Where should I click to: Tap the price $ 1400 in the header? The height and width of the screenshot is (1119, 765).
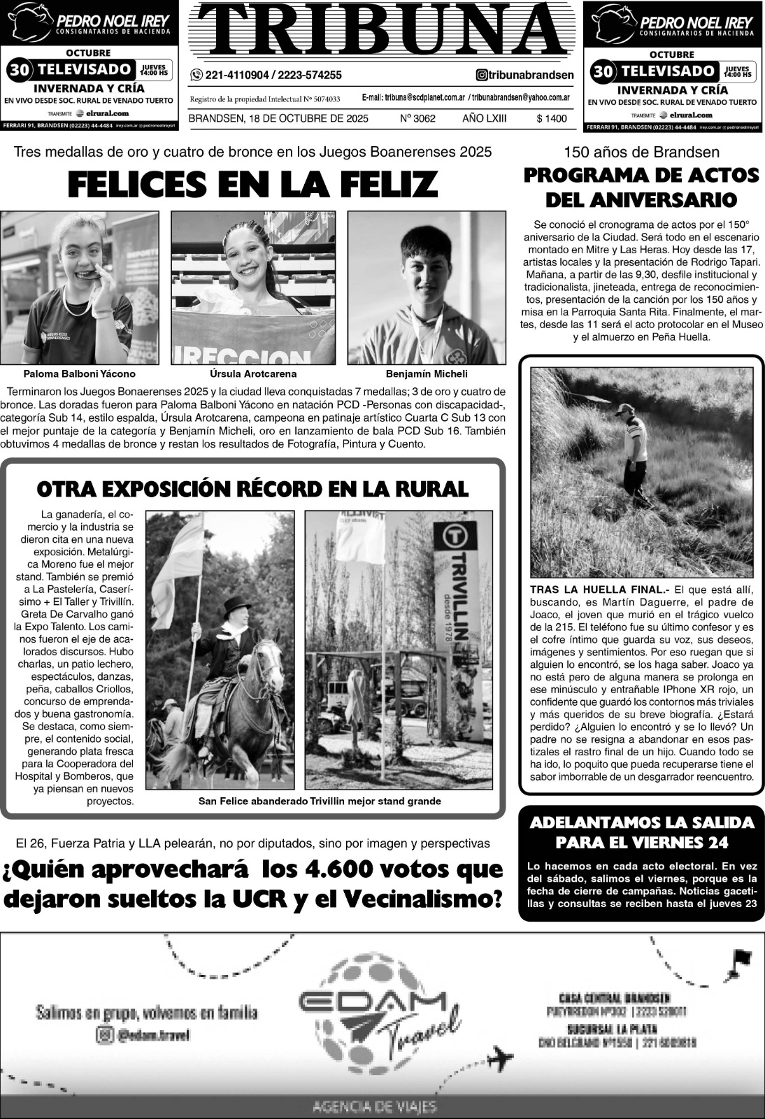point(551,119)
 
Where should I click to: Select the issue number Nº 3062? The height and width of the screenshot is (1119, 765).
point(417,119)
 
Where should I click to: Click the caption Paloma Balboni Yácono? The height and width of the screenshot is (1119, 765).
point(79,374)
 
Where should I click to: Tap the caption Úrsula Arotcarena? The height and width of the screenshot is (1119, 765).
point(253,374)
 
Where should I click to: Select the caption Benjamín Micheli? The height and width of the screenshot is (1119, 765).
point(427,374)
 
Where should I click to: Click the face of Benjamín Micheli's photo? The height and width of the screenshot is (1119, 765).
point(426,266)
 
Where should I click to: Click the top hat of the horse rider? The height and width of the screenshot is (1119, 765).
point(237,606)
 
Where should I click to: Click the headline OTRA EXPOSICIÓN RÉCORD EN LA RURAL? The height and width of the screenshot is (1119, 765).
point(252,489)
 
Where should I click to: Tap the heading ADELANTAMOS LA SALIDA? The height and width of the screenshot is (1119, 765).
point(641,822)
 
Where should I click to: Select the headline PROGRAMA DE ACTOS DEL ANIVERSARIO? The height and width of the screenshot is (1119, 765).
point(641,187)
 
